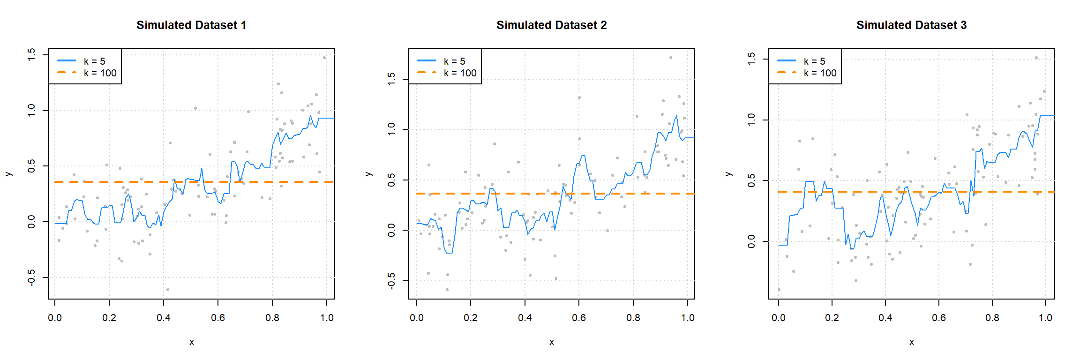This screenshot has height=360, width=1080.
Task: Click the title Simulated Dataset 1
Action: [x=191, y=25]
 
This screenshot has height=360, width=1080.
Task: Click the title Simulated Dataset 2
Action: [x=551, y=25]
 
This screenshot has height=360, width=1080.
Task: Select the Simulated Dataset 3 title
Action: [x=911, y=25]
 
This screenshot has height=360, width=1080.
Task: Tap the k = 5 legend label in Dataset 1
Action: [x=94, y=61]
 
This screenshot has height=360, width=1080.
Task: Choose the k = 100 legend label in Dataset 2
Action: [x=460, y=73]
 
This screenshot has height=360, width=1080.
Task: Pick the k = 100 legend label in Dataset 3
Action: [x=820, y=73]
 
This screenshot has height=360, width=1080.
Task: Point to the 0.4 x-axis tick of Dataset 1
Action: [x=164, y=317]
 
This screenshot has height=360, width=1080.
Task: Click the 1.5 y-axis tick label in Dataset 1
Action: [x=31, y=55]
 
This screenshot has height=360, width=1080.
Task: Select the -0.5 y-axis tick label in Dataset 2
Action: [x=391, y=281]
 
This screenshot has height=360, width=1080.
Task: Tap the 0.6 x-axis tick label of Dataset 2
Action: [x=579, y=317]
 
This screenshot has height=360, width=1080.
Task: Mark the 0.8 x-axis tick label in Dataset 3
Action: [x=992, y=317]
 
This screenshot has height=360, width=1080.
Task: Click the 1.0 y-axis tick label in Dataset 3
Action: [x=751, y=120]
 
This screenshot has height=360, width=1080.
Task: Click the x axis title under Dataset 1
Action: [x=191, y=342]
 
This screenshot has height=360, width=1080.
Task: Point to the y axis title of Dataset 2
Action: [x=368, y=174]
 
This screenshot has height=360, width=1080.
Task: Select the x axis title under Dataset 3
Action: [x=911, y=342]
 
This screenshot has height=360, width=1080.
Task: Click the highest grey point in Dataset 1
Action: [x=324, y=58]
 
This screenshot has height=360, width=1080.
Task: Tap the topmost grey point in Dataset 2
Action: [x=671, y=58]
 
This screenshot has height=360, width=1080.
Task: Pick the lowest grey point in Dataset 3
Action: [x=779, y=290]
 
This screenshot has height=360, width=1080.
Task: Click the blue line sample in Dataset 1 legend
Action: [x=66, y=61]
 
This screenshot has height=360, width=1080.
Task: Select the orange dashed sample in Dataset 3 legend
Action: [x=786, y=73]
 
